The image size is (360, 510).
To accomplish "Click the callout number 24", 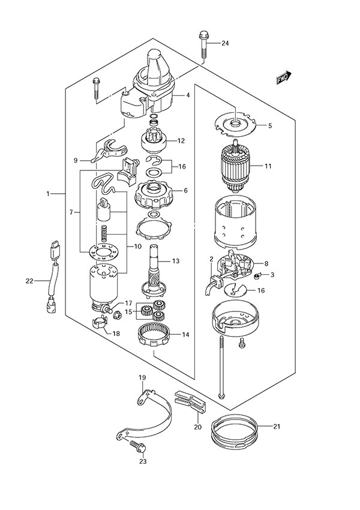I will point(225,43).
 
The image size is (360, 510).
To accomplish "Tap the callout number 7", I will point(71,212).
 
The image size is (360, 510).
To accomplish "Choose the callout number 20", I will point(197,427).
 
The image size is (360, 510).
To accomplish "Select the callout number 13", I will point(176,261).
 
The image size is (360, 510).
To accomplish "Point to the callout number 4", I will point(188,95).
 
